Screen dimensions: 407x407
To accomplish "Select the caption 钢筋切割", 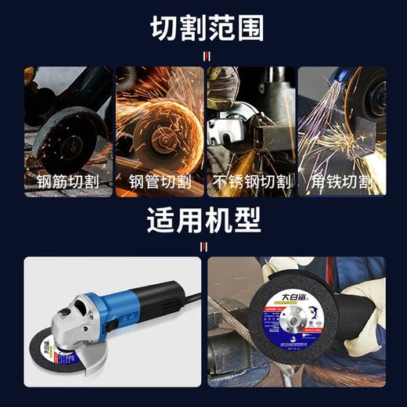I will (x=68, y=183).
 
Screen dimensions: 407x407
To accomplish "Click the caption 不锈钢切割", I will (x=250, y=183).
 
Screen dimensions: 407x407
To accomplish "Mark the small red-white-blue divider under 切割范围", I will (x=206, y=56).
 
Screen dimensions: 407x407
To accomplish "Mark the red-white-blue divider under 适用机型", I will (x=204, y=247).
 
